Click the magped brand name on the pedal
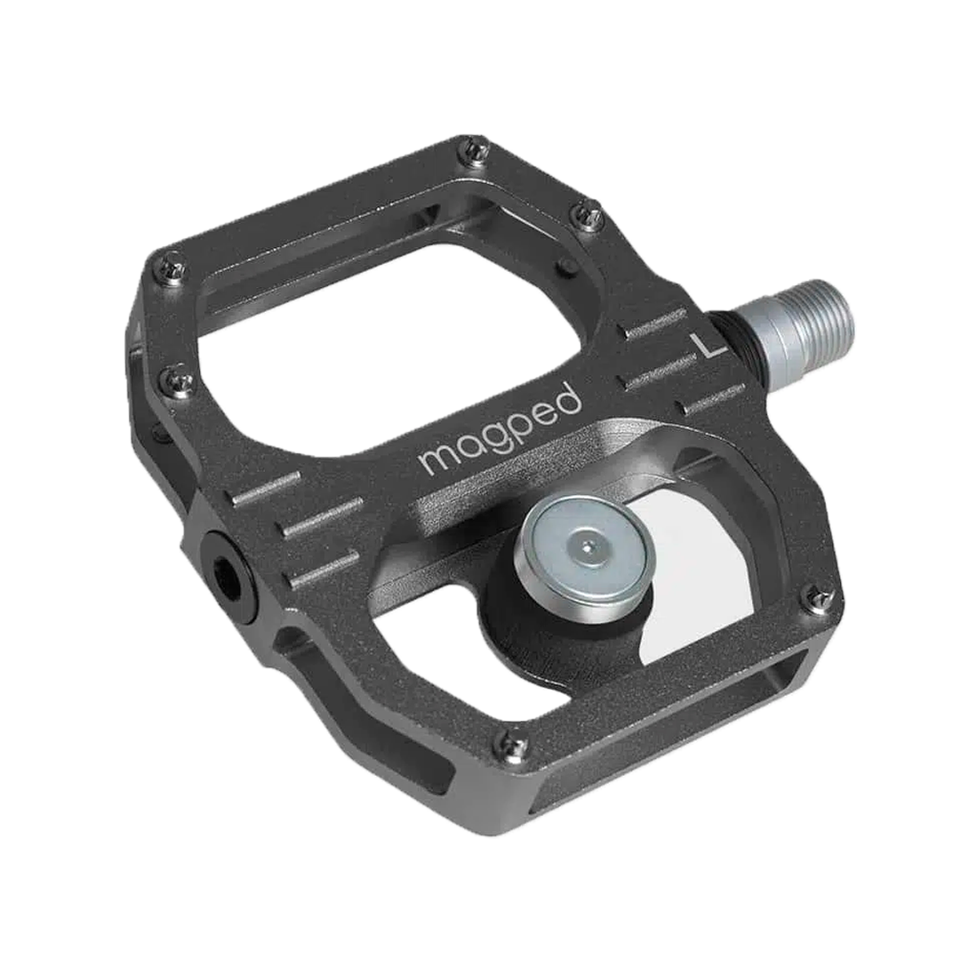coord(500,431)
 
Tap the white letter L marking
coord(704,344)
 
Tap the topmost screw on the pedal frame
coord(476,149)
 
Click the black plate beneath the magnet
coord(528,625)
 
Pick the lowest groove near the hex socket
coord(322,568)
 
